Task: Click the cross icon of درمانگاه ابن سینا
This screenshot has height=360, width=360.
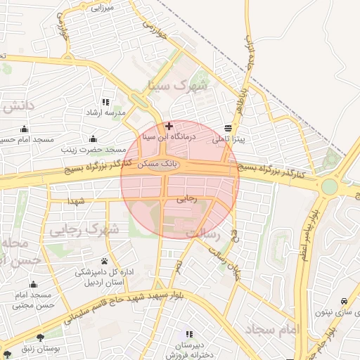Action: click(169, 126)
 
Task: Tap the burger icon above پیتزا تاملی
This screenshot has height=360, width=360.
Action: click(229, 129)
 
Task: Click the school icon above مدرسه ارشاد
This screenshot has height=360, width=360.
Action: click(105, 102)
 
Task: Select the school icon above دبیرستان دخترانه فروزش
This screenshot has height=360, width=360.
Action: click(188, 333)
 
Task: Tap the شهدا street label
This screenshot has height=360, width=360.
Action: click(75, 201)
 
